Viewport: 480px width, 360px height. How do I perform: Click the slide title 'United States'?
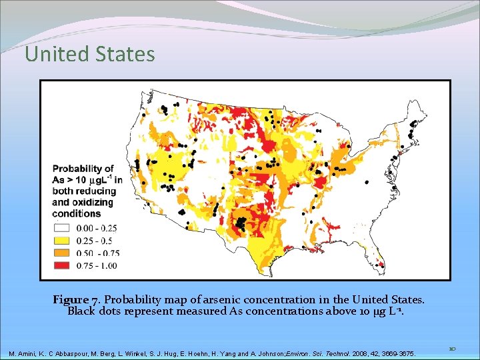tap(89, 54)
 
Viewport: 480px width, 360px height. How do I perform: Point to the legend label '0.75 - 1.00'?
tap(97, 266)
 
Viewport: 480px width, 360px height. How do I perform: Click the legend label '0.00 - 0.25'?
tap(97, 228)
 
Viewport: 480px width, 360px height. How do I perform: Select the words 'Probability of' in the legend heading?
tap(83, 169)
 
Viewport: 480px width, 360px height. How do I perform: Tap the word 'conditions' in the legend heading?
tap(77, 213)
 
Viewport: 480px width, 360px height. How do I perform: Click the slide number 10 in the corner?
tap(452, 348)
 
